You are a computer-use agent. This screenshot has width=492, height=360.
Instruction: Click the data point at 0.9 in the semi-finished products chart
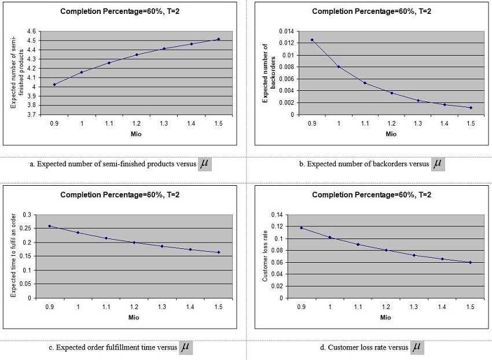tap(54, 85)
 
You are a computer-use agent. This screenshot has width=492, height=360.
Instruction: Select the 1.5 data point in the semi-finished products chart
tap(218, 39)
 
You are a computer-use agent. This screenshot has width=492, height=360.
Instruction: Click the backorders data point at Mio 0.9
tap(312, 40)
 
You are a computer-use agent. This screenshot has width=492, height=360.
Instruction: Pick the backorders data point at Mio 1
tap(339, 67)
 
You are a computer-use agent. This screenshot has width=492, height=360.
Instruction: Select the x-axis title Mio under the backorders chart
tap(391, 134)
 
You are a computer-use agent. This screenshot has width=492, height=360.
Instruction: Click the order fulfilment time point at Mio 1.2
tap(134, 243)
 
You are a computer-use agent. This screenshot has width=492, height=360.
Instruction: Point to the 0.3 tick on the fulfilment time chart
tap(28, 215)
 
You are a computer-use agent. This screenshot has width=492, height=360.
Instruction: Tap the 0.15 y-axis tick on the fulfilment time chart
tap(26, 256)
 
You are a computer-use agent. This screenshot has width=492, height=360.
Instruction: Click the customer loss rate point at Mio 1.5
tap(470, 262)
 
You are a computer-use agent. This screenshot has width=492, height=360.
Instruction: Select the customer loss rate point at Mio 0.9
tap(301, 227)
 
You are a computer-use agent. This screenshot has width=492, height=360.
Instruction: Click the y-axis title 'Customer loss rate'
tap(265, 256)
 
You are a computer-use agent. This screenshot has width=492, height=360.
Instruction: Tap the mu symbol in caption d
tap(417, 347)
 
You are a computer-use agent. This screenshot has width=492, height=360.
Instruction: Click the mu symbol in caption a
tap(204, 164)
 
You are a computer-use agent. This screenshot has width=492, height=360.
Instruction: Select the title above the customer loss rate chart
tap(371, 195)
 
